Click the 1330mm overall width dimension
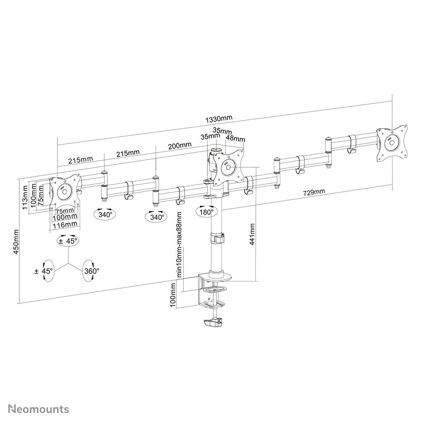click(218, 119)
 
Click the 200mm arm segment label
click(180, 146)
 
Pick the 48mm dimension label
click(235, 139)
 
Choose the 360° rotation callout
click(91, 271)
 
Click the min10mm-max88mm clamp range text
click(179, 245)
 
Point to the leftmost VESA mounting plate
click(65, 191)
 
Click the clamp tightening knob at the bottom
click(214, 323)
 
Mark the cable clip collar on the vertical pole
click(217, 238)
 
